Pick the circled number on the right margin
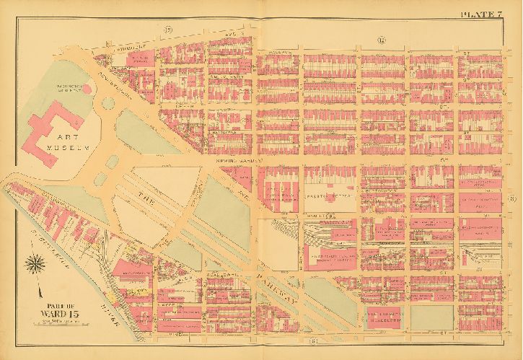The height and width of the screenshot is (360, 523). click(x=511, y=199)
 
